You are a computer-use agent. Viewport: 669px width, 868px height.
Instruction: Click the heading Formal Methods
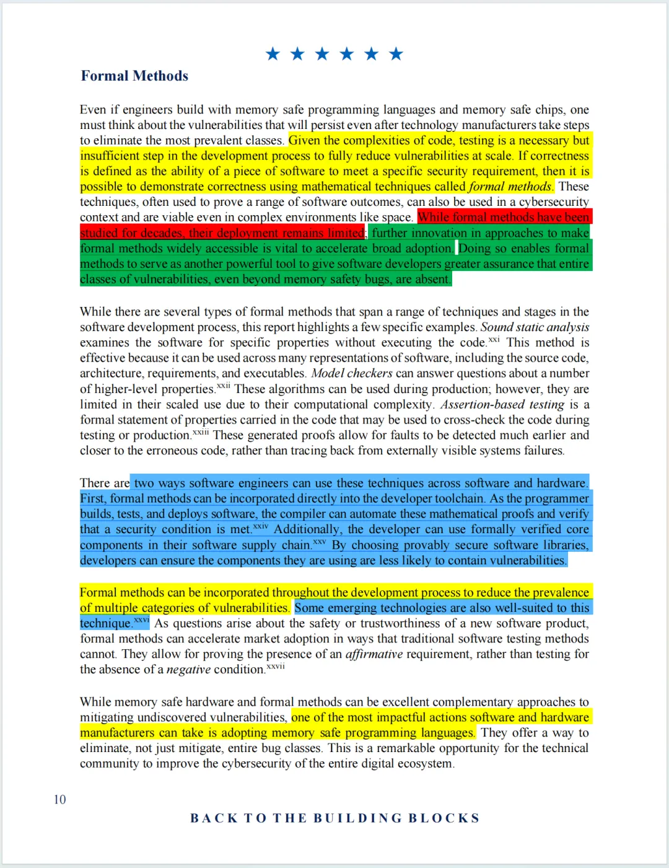point(134,76)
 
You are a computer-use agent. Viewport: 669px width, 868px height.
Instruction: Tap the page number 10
point(59,799)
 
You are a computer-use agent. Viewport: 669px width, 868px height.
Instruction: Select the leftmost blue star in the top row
point(273,54)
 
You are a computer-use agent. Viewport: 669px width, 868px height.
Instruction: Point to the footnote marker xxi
point(494,340)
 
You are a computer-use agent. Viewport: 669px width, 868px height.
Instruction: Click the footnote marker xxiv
point(261,526)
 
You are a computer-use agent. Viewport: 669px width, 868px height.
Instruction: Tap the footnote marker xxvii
point(276,666)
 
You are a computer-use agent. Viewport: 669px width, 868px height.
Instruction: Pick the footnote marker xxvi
point(142,620)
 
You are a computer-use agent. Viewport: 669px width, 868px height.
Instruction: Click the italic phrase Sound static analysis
point(535,327)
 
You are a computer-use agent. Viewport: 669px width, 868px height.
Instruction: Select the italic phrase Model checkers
point(352,373)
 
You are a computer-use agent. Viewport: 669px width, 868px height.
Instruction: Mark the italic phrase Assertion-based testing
point(502,404)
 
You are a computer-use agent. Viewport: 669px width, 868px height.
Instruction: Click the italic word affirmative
point(374,654)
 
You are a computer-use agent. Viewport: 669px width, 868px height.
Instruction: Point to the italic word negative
point(188,670)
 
